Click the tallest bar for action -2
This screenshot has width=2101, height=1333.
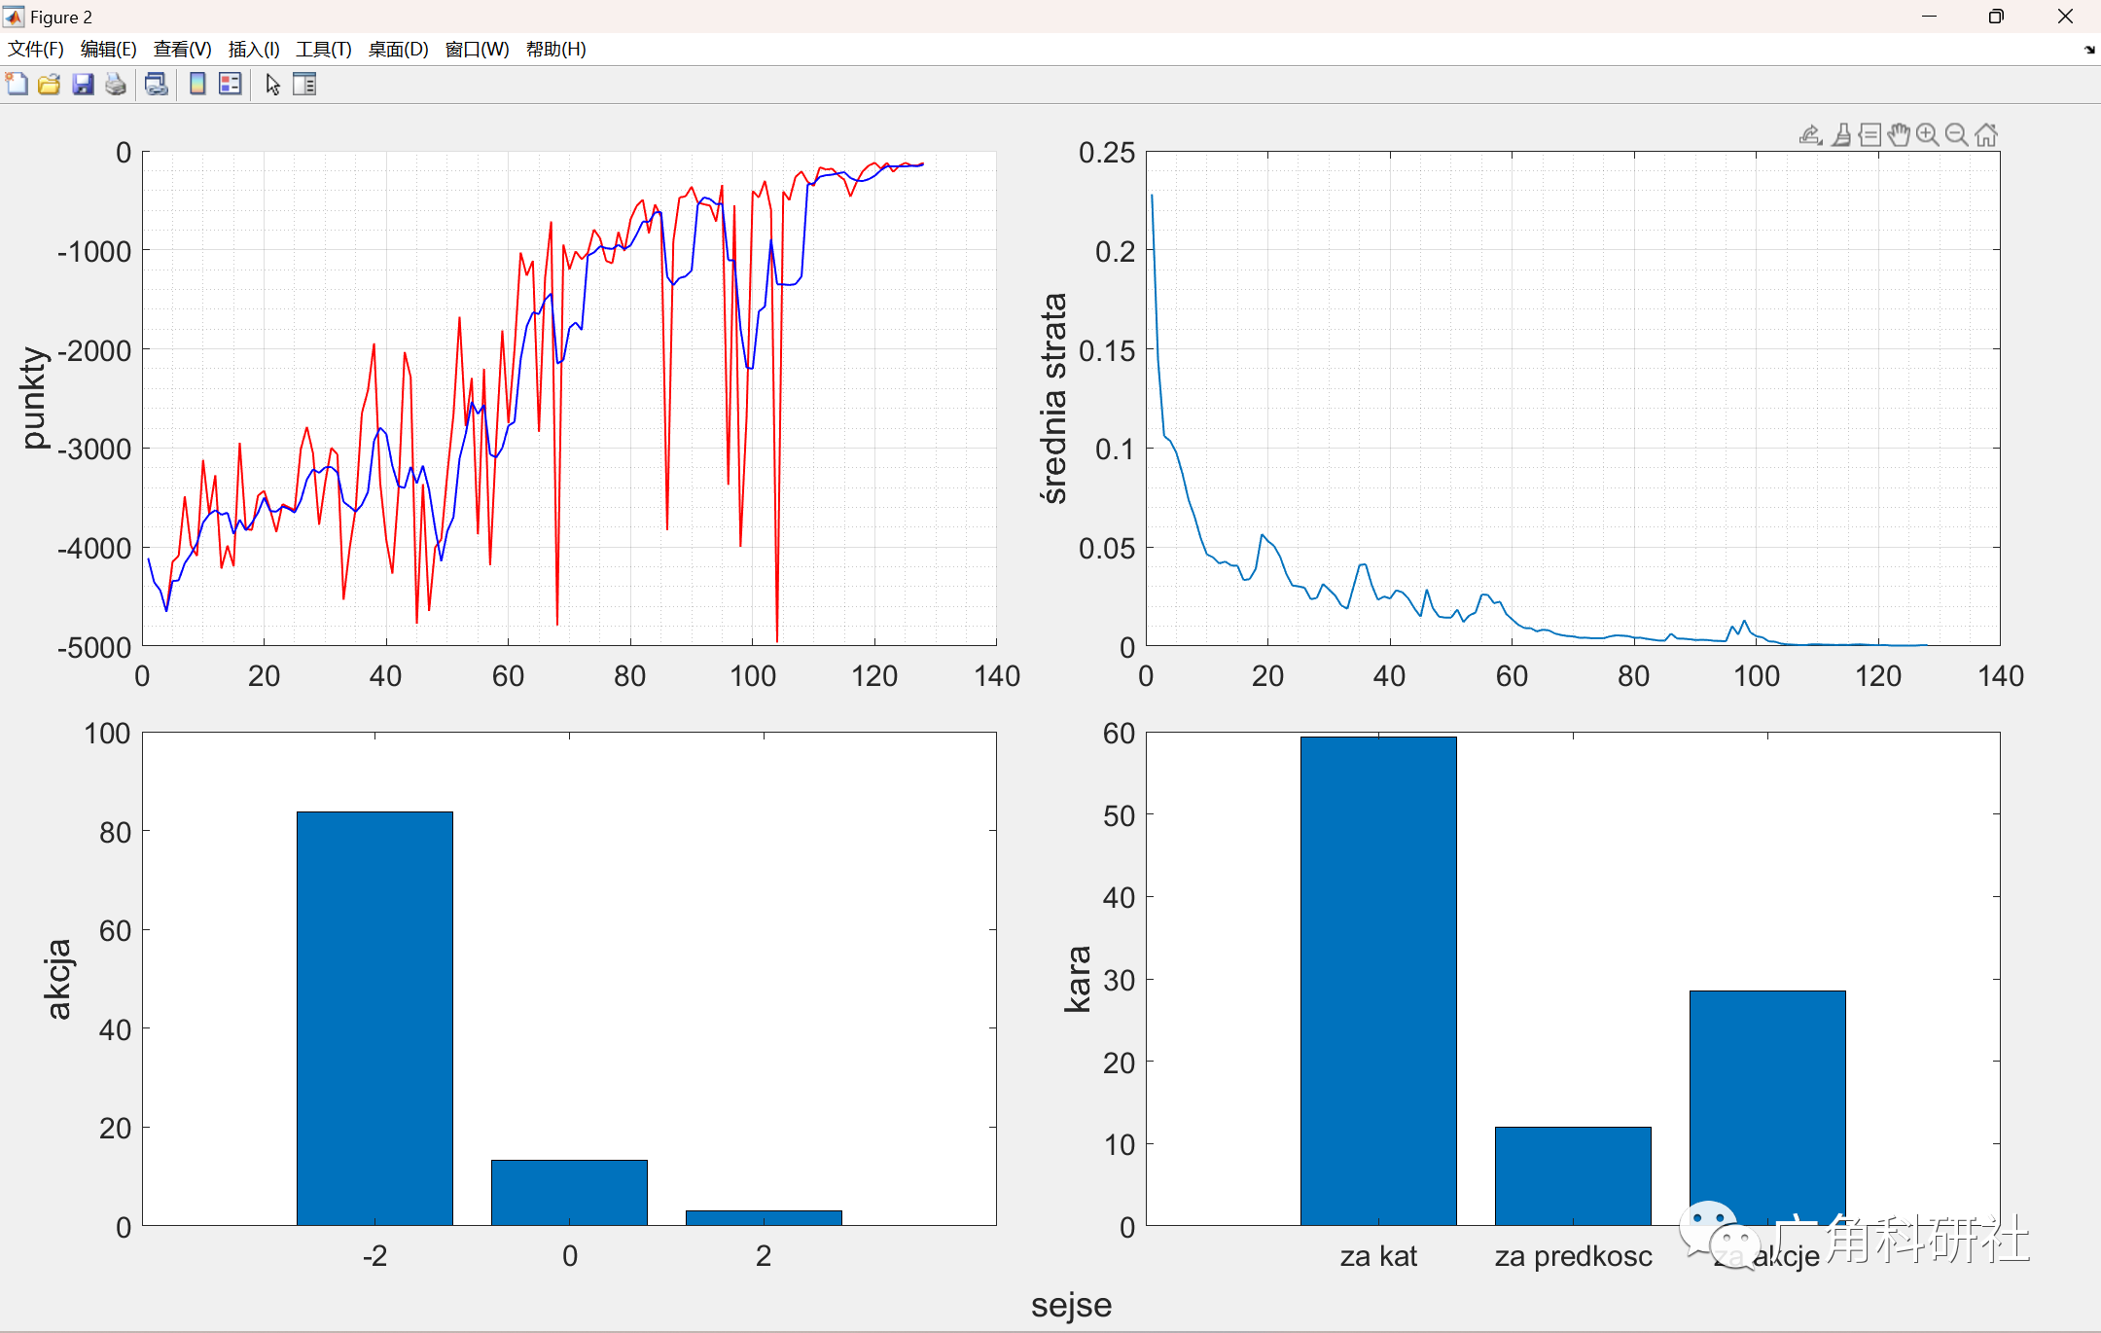(x=374, y=1017)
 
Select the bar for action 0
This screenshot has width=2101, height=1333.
(x=569, y=1192)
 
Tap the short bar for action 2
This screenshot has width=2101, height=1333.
(x=764, y=1217)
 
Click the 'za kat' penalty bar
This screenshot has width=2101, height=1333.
(x=1378, y=980)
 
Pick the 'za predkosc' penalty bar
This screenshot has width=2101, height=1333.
(x=1573, y=1175)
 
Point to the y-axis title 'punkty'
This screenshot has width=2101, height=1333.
(x=34, y=398)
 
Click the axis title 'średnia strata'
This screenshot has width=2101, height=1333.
(x=1053, y=398)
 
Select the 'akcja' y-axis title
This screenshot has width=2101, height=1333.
(x=58, y=979)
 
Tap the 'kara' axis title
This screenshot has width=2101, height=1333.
(x=1078, y=979)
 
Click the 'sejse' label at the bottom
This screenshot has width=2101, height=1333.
(x=1071, y=1305)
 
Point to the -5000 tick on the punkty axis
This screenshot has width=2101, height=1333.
(x=94, y=647)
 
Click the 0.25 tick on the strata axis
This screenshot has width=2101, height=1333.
(x=1107, y=153)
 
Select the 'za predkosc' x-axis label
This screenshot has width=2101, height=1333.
(x=1573, y=1256)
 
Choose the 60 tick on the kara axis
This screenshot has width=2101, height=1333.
(x=1119, y=733)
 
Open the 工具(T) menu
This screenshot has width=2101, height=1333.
(x=324, y=50)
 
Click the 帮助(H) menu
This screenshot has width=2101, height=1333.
(x=555, y=50)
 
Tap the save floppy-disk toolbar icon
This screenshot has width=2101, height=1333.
(x=83, y=85)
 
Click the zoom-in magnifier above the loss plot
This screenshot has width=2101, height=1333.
(x=1927, y=135)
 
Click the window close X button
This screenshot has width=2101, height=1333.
(x=2065, y=17)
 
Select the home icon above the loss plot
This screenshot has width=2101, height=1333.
(x=1986, y=135)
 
